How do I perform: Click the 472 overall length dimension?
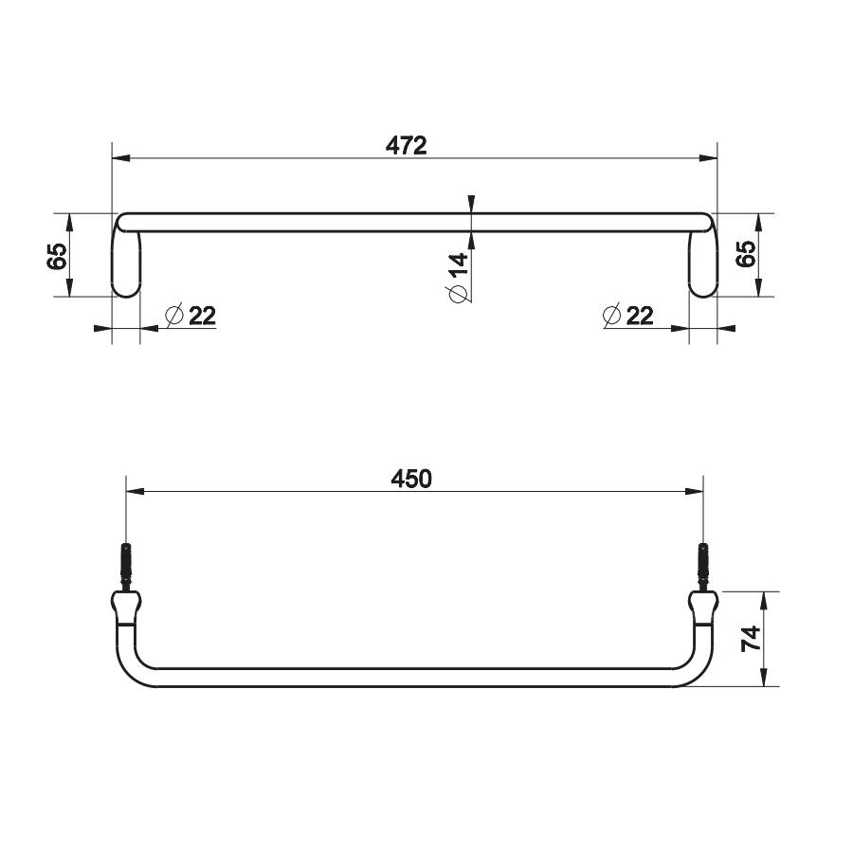coord(407,146)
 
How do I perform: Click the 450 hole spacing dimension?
coord(411,479)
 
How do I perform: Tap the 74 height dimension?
coord(752,638)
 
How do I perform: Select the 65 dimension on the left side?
coord(57,256)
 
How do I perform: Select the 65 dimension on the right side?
coord(746,253)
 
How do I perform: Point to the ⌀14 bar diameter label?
coord(458,278)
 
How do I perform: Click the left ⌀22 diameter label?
coord(191,316)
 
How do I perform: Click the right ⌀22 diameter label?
coord(628,316)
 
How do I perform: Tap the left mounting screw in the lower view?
coord(126,568)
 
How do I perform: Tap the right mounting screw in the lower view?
coord(703,568)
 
